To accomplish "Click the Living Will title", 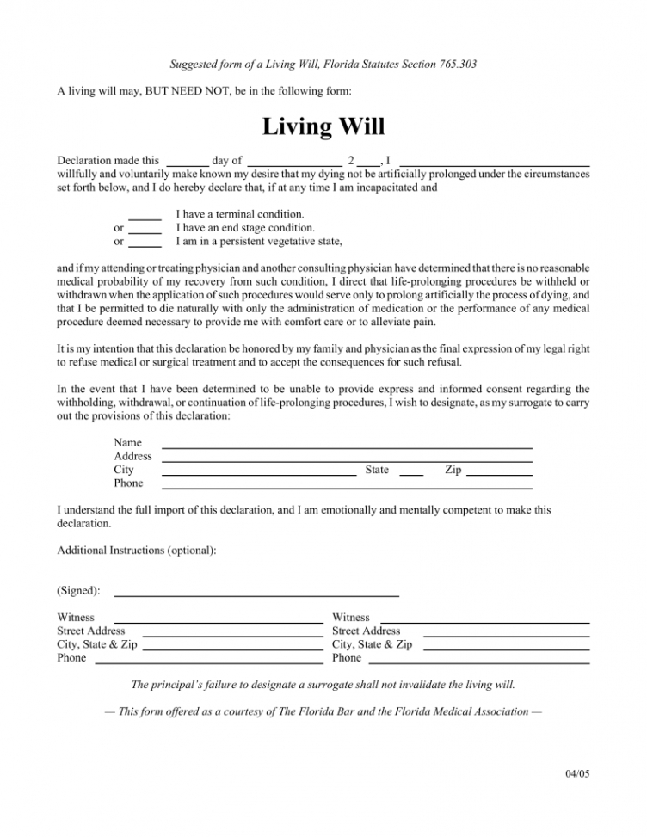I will click(x=323, y=126).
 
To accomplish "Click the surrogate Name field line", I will click(x=347, y=446).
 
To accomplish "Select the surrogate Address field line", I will click(x=347, y=460).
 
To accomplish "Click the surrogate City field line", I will click(x=259, y=474).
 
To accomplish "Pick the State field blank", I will click(x=411, y=474).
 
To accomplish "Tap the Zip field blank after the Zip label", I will click(x=499, y=474).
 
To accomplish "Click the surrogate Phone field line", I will click(x=347, y=488).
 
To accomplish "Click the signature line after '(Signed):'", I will click(x=256, y=594).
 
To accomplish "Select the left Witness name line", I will click(x=219, y=621).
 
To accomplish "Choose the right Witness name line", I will click(x=484, y=621).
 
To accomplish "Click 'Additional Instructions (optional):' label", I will click(x=137, y=550).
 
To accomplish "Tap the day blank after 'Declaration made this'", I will click(x=187, y=163).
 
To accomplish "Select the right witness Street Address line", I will click(x=507, y=635).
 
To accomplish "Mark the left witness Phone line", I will click(x=208, y=662).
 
